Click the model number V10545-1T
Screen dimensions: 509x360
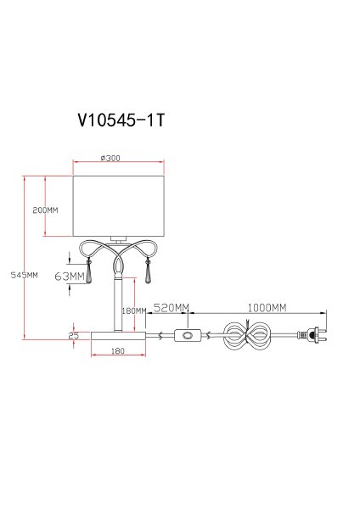coord(119,120)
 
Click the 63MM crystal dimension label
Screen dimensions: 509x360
coord(68,277)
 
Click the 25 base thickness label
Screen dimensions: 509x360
coord(74,335)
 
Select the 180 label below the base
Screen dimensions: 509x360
coord(118,350)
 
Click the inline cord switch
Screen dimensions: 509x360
coord(186,337)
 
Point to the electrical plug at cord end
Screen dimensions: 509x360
coord(312,337)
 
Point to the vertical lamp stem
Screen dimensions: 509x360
coord(118,301)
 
